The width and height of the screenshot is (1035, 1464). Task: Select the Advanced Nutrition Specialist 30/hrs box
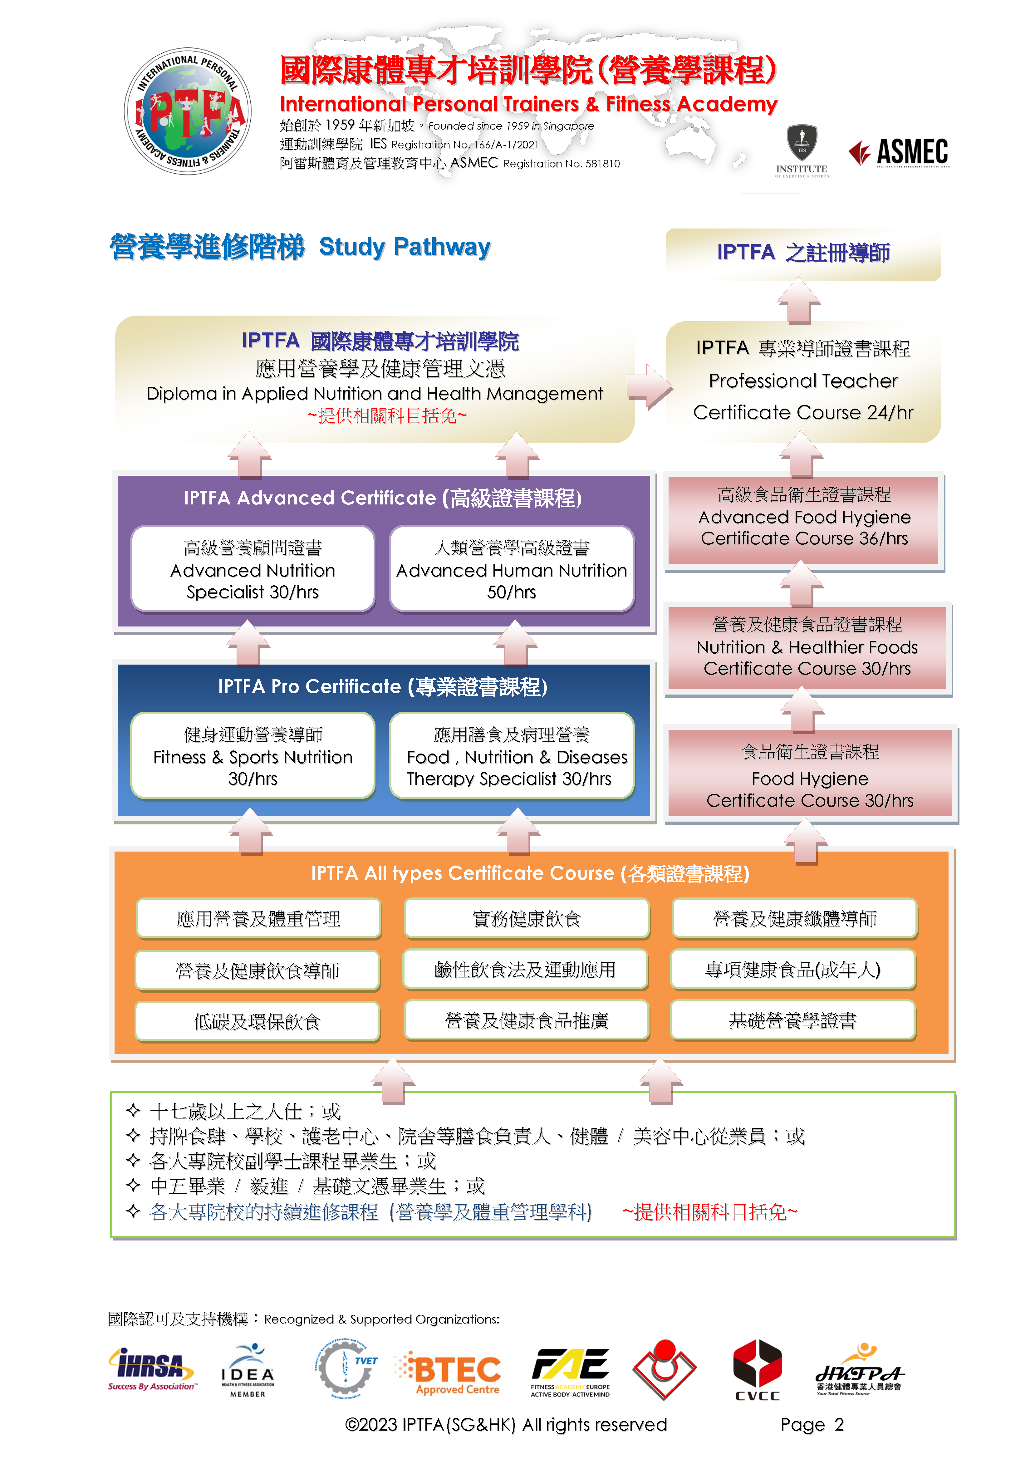tap(253, 569)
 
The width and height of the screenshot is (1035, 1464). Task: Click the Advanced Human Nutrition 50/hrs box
tap(512, 569)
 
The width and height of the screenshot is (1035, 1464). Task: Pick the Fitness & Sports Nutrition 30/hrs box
tap(253, 756)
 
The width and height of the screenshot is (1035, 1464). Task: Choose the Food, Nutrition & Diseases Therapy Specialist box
tap(512, 756)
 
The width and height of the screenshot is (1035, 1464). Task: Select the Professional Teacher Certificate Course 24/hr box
tap(803, 381)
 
